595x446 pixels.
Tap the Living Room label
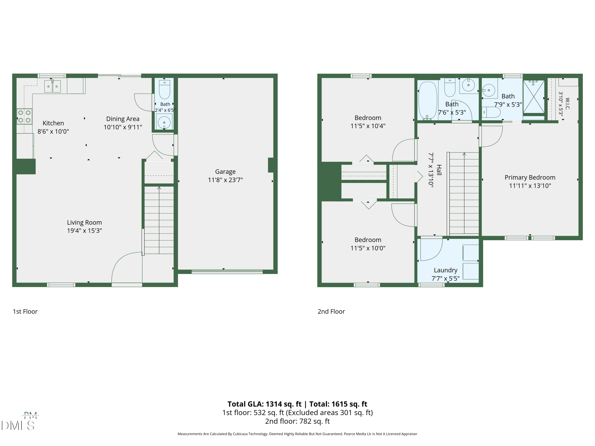coord(84,223)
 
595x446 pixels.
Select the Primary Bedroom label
coord(530,177)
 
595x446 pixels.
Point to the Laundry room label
coord(445,270)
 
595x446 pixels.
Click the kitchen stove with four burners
coord(24,116)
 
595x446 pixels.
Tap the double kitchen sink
coord(52,86)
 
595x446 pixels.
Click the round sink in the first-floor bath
coord(164,122)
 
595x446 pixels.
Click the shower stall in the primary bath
coord(533,97)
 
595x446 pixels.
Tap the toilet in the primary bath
coord(491,112)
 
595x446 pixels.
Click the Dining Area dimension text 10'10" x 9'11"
coord(123,127)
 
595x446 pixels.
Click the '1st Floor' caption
coord(25,312)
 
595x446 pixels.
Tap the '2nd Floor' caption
coord(331,312)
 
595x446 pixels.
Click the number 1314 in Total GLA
coord(274,404)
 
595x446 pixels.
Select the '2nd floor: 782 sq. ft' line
coord(297,421)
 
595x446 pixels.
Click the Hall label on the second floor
coord(439,170)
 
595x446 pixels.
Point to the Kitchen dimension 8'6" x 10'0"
coord(53,131)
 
